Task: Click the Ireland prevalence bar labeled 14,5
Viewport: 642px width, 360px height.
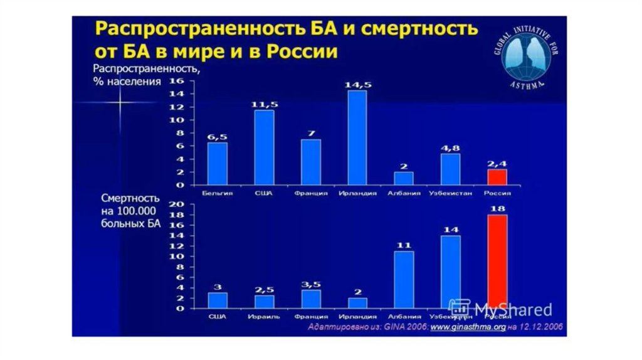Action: pyautogui.click(x=357, y=138)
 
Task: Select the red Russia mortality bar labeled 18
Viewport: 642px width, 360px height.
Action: pyautogui.click(x=497, y=261)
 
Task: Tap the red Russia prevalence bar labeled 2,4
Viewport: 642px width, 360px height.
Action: pyautogui.click(x=497, y=177)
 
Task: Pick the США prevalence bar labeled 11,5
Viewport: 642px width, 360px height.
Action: pyautogui.click(x=264, y=147)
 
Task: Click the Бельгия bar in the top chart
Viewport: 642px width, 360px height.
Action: pyautogui.click(x=218, y=164)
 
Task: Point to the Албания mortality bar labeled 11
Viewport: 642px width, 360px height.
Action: pyautogui.click(x=404, y=279)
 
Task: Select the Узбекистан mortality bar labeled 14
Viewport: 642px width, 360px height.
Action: pyautogui.click(x=450, y=271)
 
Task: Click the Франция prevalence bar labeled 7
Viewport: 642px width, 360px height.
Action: pyautogui.click(x=311, y=162)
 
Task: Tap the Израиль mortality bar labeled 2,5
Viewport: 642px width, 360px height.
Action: pyautogui.click(x=264, y=301)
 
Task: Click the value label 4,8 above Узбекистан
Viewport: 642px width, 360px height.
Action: pyautogui.click(x=450, y=149)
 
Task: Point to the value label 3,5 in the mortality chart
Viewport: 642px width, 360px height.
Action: pyautogui.click(x=311, y=284)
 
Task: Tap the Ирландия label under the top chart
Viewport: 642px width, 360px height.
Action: pyautogui.click(x=357, y=193)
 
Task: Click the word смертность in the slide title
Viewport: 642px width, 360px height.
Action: pyautogui.click(x=420, y=29)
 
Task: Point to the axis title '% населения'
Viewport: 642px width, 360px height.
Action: pyautogui.click(x=127, y=82)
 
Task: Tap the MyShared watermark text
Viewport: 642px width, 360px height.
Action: pyautogui.click(x=513, y=309)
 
